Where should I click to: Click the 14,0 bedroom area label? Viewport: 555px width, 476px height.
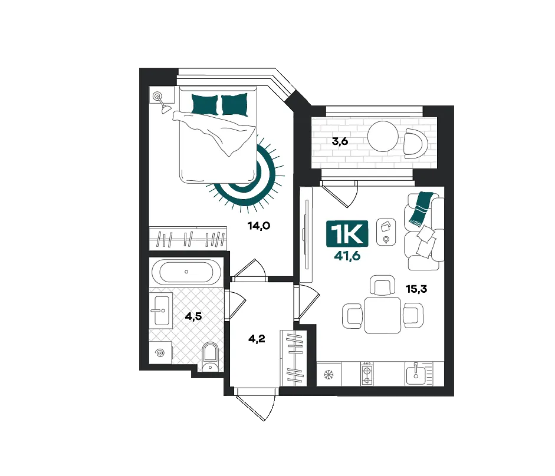tap(259, 226)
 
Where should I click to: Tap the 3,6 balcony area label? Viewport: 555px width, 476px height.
tap(340, 141)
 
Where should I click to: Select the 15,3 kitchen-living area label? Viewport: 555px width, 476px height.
tap(416, 289)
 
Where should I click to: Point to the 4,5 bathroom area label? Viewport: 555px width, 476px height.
tap(193, 316)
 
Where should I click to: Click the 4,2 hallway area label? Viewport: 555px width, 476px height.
tap(257, 339)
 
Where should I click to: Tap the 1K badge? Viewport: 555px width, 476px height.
tap(347, 233)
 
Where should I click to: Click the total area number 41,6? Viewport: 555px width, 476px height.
tap(347, 255)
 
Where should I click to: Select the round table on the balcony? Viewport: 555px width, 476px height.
tap(383, 136)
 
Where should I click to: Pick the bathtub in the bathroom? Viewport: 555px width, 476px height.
tap(186, 272)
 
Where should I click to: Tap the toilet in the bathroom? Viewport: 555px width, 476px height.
tap(210, 356)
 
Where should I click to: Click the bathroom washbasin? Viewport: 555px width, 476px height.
tap(162, 310)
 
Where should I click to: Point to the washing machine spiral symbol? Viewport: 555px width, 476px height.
tap(160, 352)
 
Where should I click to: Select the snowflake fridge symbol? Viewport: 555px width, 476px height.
tap(329, 374)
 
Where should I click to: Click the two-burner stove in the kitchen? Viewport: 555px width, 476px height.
tap(367, 374)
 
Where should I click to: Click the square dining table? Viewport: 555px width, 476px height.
tap(383, 315)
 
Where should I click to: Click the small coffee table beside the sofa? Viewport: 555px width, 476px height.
tap(386, 232)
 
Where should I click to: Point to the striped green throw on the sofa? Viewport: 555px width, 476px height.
tap(421, 209)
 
